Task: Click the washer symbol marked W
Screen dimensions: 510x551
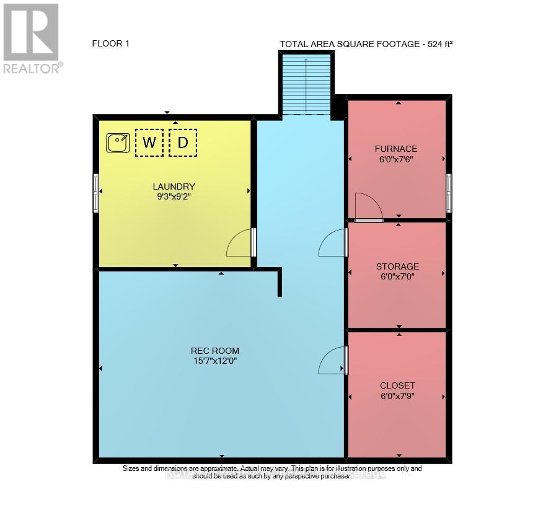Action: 149,143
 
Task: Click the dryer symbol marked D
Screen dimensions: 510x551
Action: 183,143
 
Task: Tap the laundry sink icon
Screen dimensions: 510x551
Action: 117,143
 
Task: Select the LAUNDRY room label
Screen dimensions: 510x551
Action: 174,187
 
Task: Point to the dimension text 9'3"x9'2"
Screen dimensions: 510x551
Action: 174,197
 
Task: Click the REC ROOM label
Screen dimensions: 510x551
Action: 215,351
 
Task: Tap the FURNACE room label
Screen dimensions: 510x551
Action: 396,149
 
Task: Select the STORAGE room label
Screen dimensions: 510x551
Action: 397,266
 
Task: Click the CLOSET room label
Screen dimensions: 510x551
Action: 397,385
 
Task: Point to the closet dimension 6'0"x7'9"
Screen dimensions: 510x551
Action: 397,395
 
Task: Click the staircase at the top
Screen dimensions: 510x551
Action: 306,85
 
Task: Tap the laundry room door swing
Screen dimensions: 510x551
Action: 240,244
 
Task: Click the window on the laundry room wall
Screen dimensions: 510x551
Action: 96,193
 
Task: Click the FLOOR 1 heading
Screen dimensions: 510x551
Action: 110,43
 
